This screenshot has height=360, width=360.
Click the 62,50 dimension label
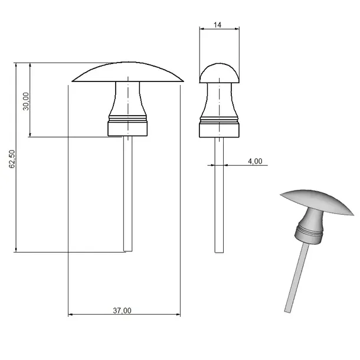[x=12, y=159]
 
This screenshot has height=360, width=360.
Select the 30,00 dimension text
[x=26, y=102]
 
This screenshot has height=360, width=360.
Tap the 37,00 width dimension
[x=122, y=310]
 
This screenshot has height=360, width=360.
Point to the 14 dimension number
[x=217, y=25]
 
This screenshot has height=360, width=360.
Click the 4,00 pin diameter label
[x=255, y=161]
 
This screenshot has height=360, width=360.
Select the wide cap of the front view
[x=127, y=72]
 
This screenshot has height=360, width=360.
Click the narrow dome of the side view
[x=220, y=73]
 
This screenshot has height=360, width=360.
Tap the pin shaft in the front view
[x=128, y=194]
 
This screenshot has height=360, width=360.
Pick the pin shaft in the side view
[x=219, y=195]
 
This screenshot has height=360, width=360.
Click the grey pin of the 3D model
[x=297, y=277]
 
